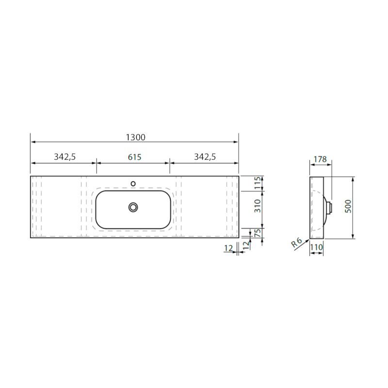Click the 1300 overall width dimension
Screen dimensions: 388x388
pos(135,137)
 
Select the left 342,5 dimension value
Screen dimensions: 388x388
pos(65,157)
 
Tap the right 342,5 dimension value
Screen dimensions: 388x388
pos(205,157)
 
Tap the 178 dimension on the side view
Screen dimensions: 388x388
pos(320,159)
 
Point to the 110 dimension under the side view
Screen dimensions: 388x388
pos(316,247)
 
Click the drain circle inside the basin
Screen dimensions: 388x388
pos(133,207)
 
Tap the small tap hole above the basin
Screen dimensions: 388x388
pos(133,184)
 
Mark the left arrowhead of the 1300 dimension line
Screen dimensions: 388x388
pos(33,142)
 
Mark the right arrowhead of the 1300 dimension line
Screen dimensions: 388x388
pos(236,142)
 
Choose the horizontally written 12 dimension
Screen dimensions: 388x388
pos(228,248)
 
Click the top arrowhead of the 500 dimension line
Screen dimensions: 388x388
pos(353,179)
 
